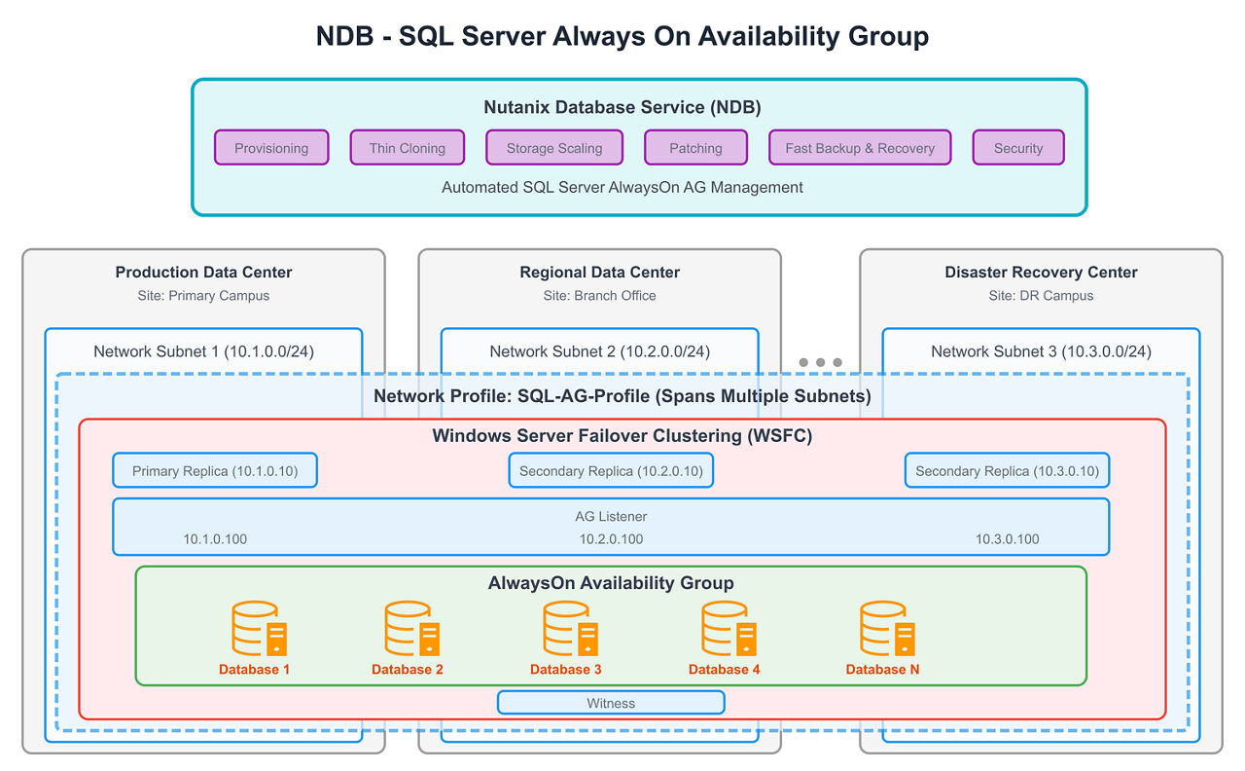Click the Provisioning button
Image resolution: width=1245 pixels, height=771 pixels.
(x=271, y=148)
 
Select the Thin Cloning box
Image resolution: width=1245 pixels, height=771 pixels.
(x=408, y=148)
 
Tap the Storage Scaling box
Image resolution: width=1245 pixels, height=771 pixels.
(x=554, y=148)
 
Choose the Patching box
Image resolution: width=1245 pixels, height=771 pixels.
(x=695, y=148)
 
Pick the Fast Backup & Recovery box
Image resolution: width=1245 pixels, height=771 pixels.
(x=860, y=148)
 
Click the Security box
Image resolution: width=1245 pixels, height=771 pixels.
(x=1018, y=148)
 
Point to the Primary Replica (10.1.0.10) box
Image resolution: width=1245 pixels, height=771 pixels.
(x=215, y=470)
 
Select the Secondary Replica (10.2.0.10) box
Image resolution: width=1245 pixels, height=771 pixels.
(x=611, y=470)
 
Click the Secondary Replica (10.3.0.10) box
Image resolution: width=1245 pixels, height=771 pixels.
(x=1007, y=470)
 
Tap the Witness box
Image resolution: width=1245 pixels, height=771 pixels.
(x=611, y=703)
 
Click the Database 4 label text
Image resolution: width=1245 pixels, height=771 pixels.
(x=724, y=670)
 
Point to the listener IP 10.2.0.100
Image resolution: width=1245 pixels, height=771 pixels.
(x=611, y=539)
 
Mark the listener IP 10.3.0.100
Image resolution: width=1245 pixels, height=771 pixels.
(x=1007, y=539)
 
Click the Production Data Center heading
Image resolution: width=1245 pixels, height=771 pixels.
(x=203, y=273)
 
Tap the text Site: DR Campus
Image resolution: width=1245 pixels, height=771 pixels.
(x=1041, y=296)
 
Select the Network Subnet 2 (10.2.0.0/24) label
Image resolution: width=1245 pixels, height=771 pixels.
(x=599, y=351)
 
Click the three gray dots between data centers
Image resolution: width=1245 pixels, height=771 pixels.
(x=820, y=362)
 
